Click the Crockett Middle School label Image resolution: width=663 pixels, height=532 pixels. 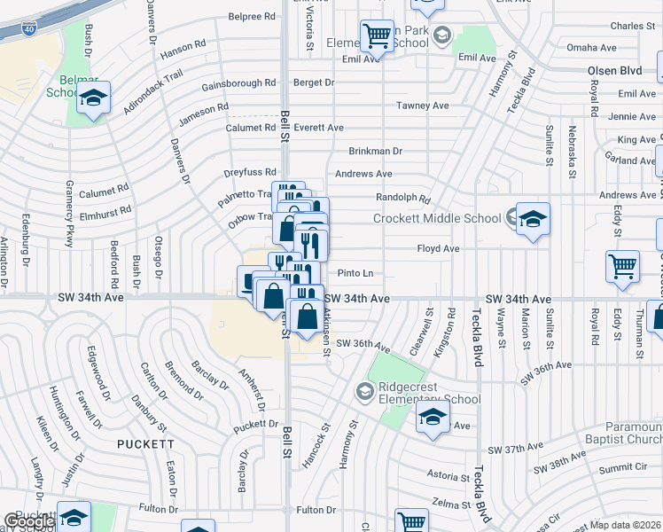click(x=437, y=218)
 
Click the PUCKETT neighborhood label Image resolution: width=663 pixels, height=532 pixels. click(x=147, y=442)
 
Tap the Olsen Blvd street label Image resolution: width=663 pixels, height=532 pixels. click(x=614, y=70)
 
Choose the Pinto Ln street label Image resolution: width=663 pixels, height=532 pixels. click(x=355, y=273)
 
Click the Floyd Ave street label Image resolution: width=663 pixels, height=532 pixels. click(x=438, y=249)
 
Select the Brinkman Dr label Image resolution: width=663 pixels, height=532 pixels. click(x=375, y=151)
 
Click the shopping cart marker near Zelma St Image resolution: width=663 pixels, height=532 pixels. click(x=412, y=523)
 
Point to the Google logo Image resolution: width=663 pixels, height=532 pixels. click(x=28, y=521)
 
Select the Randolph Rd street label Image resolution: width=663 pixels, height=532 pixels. click(x=402, y=199)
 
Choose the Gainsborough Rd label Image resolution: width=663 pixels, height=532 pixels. click(x=238, y=84)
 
